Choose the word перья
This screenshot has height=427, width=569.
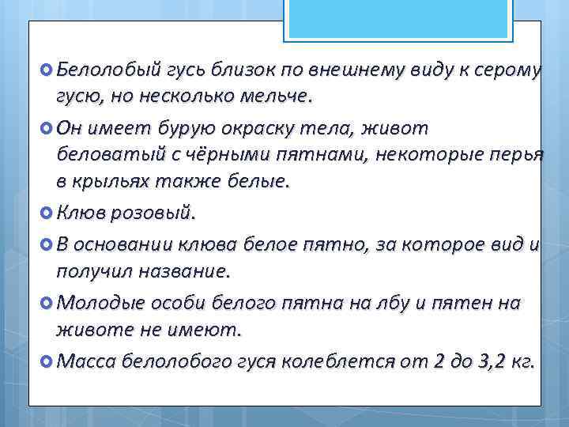click(x=516, y=153)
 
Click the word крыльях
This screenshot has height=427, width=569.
click(x=110, y=181)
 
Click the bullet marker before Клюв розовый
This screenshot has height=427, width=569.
click(x=44, y=213)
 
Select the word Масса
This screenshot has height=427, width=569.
click(x=87, y=361)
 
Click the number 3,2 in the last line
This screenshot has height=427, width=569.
click(x=488, y=361)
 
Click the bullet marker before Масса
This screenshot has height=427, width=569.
click(x=44, y=361)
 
